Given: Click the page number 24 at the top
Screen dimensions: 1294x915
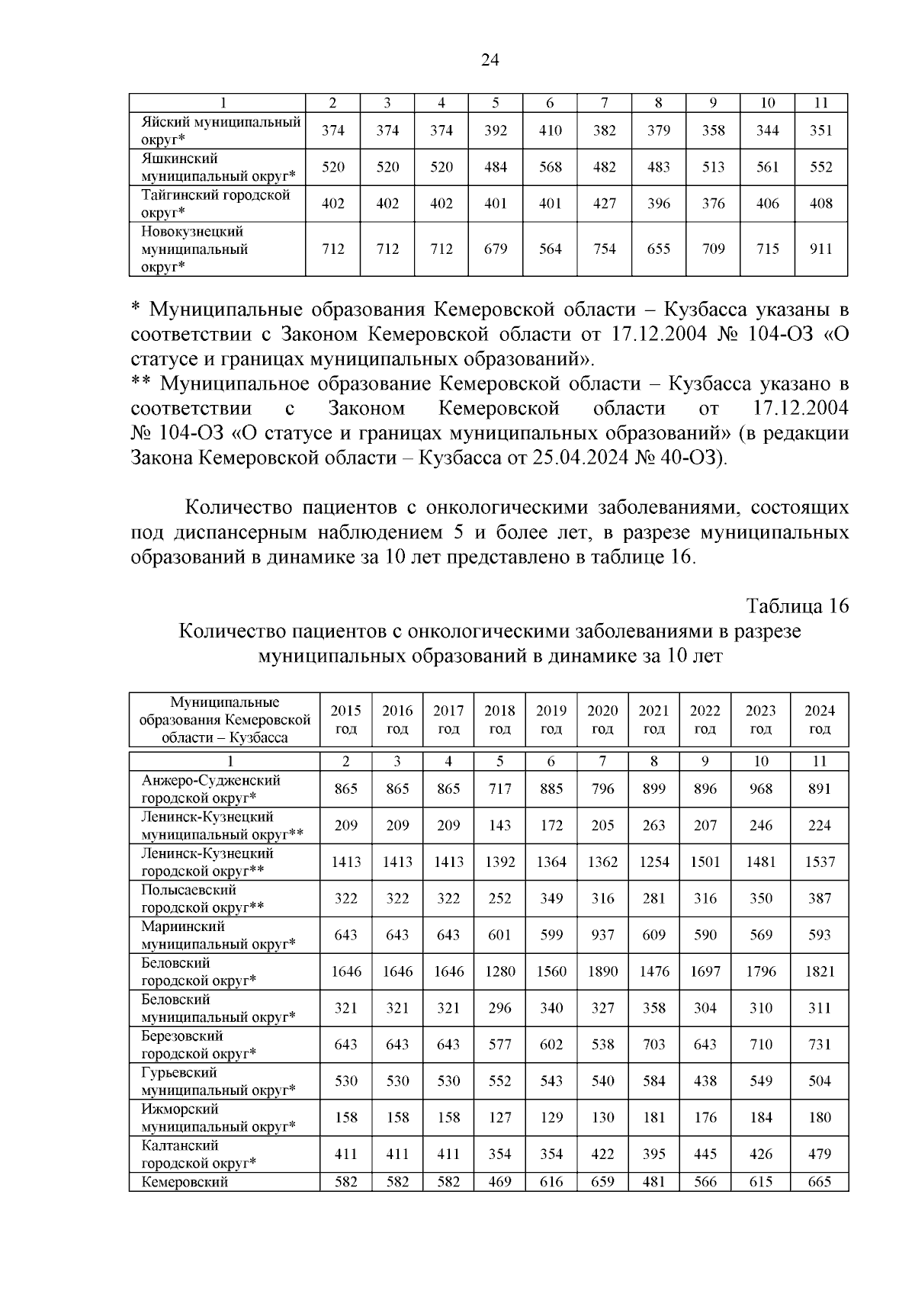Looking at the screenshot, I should click(490, 60).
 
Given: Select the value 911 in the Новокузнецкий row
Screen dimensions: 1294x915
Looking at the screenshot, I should click(820, 249).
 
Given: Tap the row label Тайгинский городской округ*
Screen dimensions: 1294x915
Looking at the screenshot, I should click(216, 204).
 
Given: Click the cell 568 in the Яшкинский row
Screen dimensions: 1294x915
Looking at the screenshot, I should click(550, 167).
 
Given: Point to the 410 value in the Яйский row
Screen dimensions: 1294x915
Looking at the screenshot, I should click(550, 130).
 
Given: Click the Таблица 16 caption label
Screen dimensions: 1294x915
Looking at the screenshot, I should click(797, 606).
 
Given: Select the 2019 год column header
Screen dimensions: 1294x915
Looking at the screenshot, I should click(551, 719).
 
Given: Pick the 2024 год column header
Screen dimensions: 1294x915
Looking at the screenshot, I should click(819, 719).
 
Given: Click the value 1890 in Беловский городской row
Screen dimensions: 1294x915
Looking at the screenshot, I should click(602, 971).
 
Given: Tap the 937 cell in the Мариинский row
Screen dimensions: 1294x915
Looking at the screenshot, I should click(602, 935).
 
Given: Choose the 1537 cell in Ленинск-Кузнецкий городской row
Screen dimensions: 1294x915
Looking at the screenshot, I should click(819, 862).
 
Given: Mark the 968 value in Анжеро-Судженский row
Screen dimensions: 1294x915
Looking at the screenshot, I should click(760, 788).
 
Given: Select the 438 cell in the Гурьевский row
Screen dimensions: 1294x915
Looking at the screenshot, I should click(705, 1080).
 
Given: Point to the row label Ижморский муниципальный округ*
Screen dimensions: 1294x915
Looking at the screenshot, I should click(217, 1117).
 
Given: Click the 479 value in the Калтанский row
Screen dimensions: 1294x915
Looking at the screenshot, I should click(819, 1154).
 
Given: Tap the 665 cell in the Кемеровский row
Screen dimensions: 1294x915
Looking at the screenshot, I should click(819, 1182).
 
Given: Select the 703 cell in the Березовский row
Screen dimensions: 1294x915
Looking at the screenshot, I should click(653, 1044).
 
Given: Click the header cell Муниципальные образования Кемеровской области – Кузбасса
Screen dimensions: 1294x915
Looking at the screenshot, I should click(224, 719).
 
